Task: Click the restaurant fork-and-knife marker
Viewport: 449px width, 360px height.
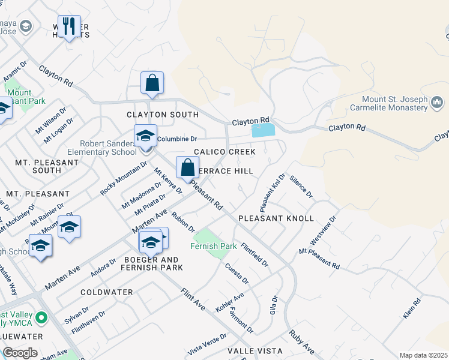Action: click(x=70, y=26)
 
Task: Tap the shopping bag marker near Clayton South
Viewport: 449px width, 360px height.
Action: click(x=152, y=83)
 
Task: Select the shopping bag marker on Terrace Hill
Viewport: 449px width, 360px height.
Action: click(x=187, y=167)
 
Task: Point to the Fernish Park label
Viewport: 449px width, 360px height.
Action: click(x=213, y=246)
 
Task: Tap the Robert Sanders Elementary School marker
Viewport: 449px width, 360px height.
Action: click(x=145, y=136)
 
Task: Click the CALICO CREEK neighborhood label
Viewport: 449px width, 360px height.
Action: click(x=224, y=152)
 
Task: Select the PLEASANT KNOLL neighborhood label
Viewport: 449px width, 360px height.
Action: click(x=276, y=218)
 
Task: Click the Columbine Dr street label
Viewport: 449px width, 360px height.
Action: click(x=177, y=139)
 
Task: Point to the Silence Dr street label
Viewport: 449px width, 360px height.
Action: click(x=301, y=187)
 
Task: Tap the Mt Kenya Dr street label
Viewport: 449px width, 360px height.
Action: click(x=167, y=181)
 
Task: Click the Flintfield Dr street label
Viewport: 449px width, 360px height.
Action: click(x=255, y=254)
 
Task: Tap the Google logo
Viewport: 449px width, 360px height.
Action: click(x=20, y=353)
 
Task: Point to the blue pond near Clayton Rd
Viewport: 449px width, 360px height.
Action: click(x=263, y=130)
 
